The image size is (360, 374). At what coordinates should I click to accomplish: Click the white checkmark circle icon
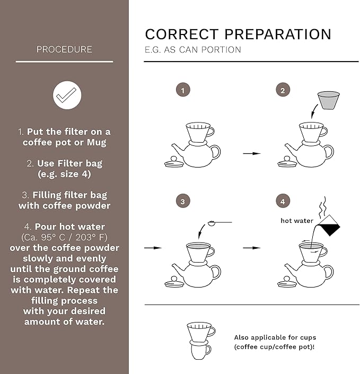point(67,95)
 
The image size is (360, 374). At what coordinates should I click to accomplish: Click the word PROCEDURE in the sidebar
point(64,49)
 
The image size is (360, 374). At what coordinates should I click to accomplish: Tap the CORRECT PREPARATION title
point(238,34)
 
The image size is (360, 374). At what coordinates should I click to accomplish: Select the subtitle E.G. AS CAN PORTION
point(193,50)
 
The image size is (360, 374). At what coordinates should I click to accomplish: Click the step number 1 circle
point(183,90)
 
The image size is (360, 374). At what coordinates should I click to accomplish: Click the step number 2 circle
point(283,90)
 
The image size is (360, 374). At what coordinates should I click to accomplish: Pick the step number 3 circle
point(183,201)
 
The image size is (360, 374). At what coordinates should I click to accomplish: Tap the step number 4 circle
point(283,201)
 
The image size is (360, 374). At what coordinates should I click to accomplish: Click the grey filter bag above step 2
point(328,100)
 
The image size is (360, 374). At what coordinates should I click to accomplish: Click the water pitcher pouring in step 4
point(328,225)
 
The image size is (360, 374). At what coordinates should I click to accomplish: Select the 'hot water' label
point(297,221)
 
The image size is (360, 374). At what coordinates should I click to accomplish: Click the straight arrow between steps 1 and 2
point(252,153)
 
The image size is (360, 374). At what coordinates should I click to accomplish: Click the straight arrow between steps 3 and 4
point(252,248)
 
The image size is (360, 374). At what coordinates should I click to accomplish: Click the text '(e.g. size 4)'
point(64,174)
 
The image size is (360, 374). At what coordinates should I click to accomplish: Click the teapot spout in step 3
point(178,269)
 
